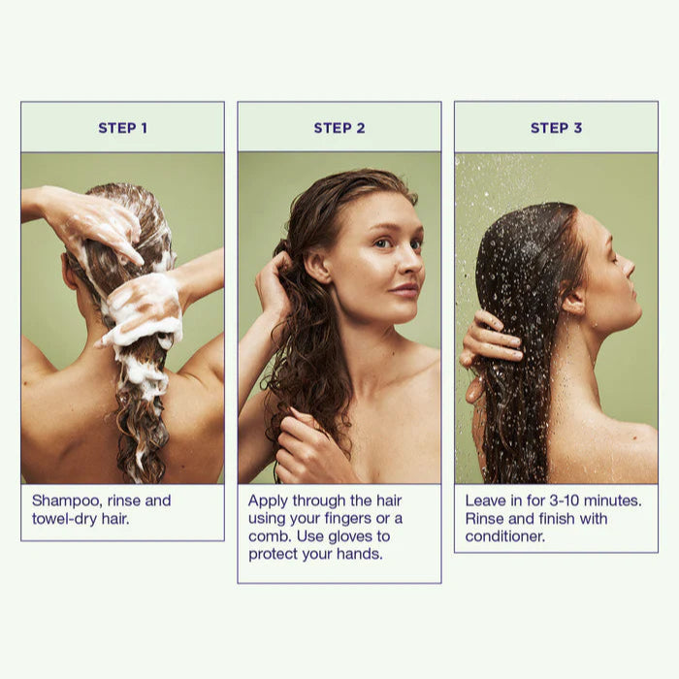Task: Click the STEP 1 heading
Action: pyautogui.click(x=122, y=128)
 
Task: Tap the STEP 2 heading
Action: pyautogui.click(x=339, y=128)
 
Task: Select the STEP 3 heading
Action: pyautogui.click(x=557, y=128)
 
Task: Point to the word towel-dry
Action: pyautogui.click(x=65, y=519)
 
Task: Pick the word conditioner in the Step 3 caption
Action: pyautogui.click(x=505, y=536)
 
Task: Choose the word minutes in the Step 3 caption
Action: pyautogui.click(x=612, y=501)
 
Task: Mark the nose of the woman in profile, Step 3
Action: pyautogui.click(x=629, y=265)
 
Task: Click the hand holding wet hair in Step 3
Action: pyautogui.click(x=489, y=342)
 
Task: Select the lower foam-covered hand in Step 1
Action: pyautogui.click(x=143, y=309)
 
